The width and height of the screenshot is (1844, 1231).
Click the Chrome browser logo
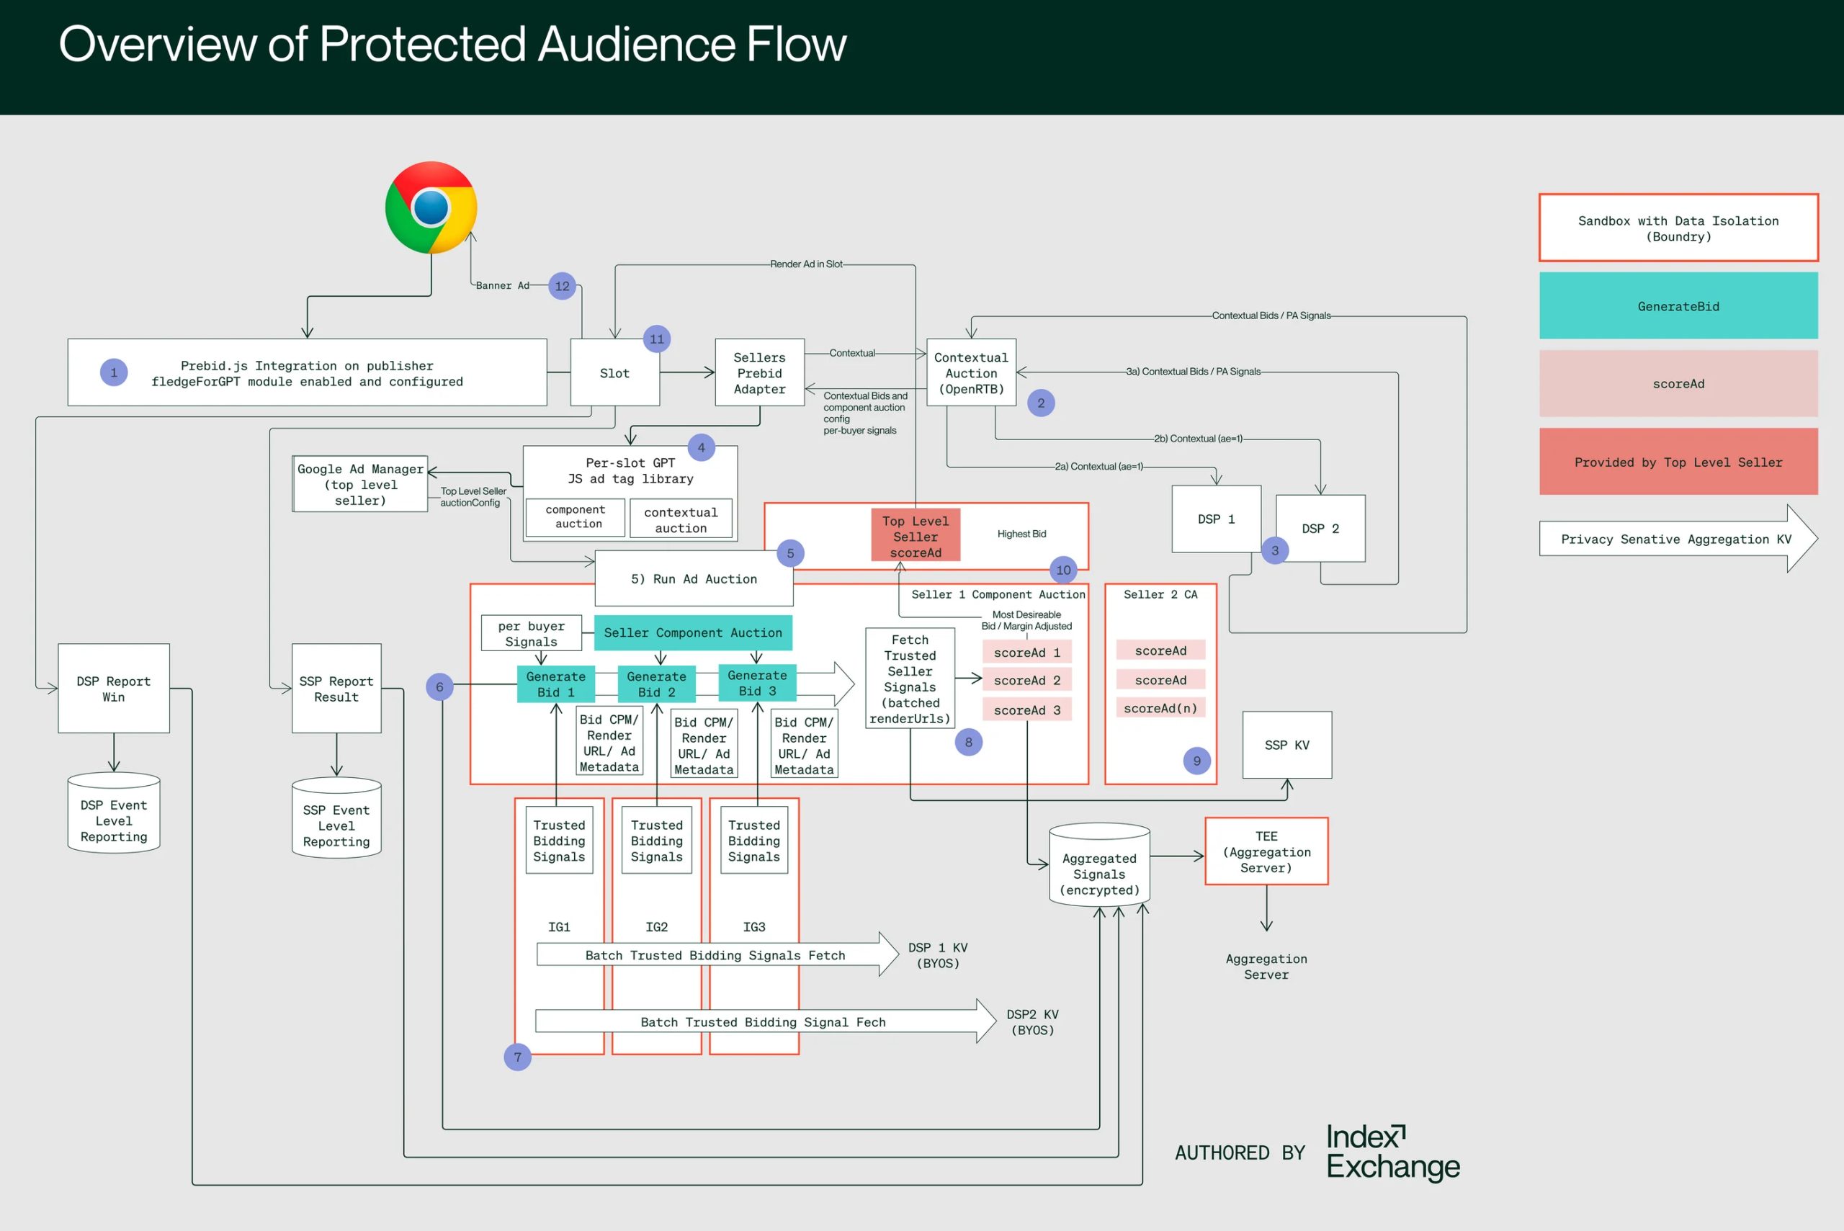(431, 207)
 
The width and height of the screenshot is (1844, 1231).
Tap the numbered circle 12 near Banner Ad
(562, 286)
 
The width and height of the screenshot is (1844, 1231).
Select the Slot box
(614, 373)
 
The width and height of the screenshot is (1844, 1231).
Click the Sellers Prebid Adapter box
(759, 373)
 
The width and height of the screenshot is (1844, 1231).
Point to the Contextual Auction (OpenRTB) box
(971, 373)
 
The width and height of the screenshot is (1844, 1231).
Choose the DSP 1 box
(1216, 519)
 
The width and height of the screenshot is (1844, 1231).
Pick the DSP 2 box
(1320, 529)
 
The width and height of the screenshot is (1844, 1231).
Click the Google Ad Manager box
(360, 484)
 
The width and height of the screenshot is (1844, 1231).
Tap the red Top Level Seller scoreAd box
(916, 536)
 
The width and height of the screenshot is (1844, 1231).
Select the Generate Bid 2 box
(656, 684)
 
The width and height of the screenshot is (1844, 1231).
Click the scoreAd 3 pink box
(1026, 709)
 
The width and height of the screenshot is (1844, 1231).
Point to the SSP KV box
(1286, 744)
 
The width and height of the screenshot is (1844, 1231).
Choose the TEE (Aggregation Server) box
(1266, 852)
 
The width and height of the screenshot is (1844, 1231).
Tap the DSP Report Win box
(114, 689)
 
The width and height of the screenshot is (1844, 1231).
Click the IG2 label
(656, 927)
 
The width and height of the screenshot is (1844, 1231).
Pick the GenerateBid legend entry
(1678, 306)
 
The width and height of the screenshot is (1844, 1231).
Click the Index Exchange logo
(1392, 1152)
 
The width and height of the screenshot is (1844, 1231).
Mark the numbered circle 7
(517, 1057)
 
